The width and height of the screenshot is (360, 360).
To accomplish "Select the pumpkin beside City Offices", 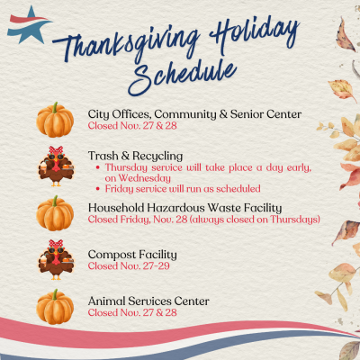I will [55, 119].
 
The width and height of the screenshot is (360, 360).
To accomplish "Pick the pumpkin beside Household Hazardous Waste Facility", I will [55, 213].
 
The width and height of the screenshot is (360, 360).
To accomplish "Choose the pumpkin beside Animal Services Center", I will [55, 305].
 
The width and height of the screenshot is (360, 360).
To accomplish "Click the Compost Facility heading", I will [132, 254].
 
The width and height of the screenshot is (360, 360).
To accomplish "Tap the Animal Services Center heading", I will [148, 301].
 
